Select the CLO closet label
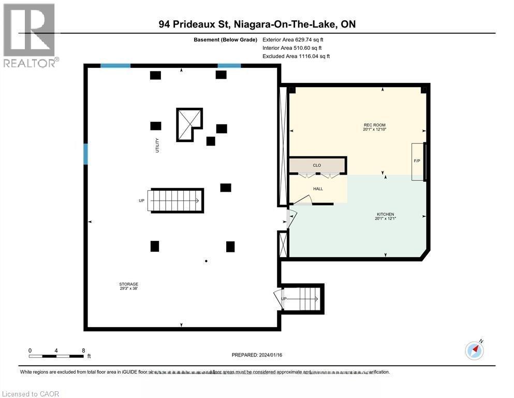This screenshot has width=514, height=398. pyautogui.click(x=317, y=165)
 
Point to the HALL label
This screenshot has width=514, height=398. pyautogui.click(x=318, y=189)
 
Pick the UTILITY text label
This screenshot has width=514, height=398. pyautogui.click(x=157, y=145)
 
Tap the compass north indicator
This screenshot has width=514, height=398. pyautogui.click(x=474, y=350)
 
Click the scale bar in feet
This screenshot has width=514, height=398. pyautogui.click(x=56, y=356)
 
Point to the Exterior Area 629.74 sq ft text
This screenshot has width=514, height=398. pyautogui.click(x=293, y=39)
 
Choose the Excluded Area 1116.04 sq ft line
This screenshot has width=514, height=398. pyautogui.click(x=296, y=56)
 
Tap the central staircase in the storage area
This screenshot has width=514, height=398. pyautogui.click(x=176, y=201)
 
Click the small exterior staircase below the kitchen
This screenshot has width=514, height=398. pyautogui.click(x=302, y=299)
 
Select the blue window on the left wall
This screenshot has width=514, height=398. pyautogui.click(x=86, y=154)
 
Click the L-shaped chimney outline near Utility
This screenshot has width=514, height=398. pyautogui.click(x=188, y=124)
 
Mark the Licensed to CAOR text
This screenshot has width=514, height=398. pyautogui.click(x=31, y=394)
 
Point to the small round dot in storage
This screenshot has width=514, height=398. pyautogui.click(x=206, y=261)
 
